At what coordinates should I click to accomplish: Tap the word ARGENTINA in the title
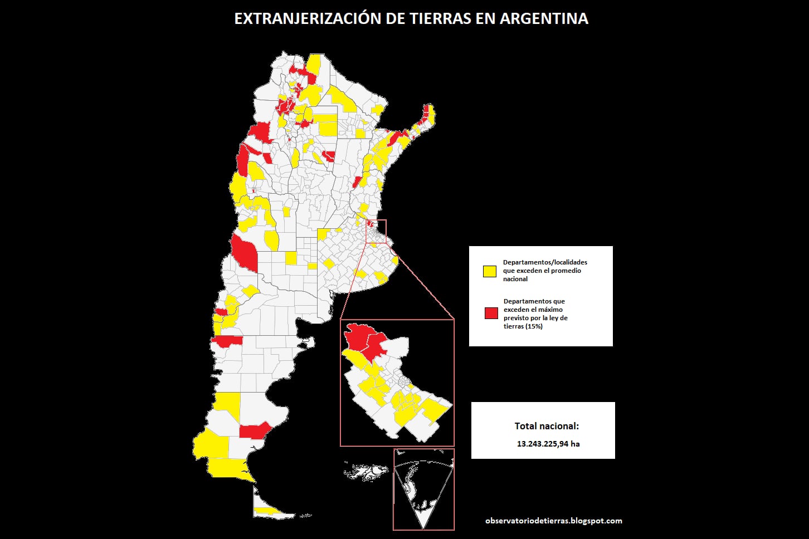(x=544, y=18)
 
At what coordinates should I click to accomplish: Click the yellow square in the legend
(x=490, y=271)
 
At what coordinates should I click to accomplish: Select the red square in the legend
(x=491, y=313)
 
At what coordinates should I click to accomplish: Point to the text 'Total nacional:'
(x=547, y=426)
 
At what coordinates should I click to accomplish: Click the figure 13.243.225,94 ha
(x=548, y=444)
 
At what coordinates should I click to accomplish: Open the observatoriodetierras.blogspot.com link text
(x=554, y=521)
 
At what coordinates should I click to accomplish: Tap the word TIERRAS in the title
(x=442, y=18)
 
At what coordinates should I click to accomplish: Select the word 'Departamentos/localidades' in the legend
(x=545, y=262)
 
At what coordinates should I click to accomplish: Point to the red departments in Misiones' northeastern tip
(x=428, y=113)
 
